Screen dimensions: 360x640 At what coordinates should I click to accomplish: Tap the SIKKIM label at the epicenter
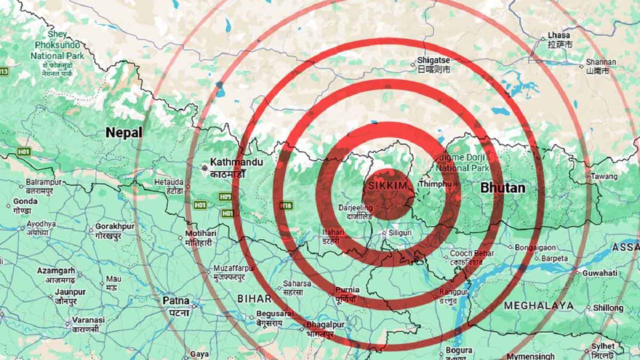[x=388, y=186]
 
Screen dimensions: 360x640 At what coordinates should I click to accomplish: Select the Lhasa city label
[x=558, y=35]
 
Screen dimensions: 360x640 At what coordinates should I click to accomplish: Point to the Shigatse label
[x=433, y=60]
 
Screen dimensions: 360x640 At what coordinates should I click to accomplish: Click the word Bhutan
[x=502, y=188]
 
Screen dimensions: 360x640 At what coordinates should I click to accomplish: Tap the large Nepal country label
[x=123, y=132]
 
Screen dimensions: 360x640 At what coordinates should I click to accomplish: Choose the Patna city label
[x=175, y=301]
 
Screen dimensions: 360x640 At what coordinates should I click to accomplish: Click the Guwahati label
[x=599, y=273]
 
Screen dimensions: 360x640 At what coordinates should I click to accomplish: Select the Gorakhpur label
[x=115, y=227]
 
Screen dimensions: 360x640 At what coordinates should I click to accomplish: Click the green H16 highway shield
[x=285, y=205]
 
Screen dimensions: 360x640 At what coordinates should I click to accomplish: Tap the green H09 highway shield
[x=225, y=197]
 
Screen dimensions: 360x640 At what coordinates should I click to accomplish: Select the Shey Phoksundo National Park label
[x=57, y=45]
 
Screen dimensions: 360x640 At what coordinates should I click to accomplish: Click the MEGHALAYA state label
[x=538, y=305]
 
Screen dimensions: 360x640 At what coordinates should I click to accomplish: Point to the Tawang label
[x=604, y=176]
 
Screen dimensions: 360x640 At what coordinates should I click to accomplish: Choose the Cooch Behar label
[x=471, y=254]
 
